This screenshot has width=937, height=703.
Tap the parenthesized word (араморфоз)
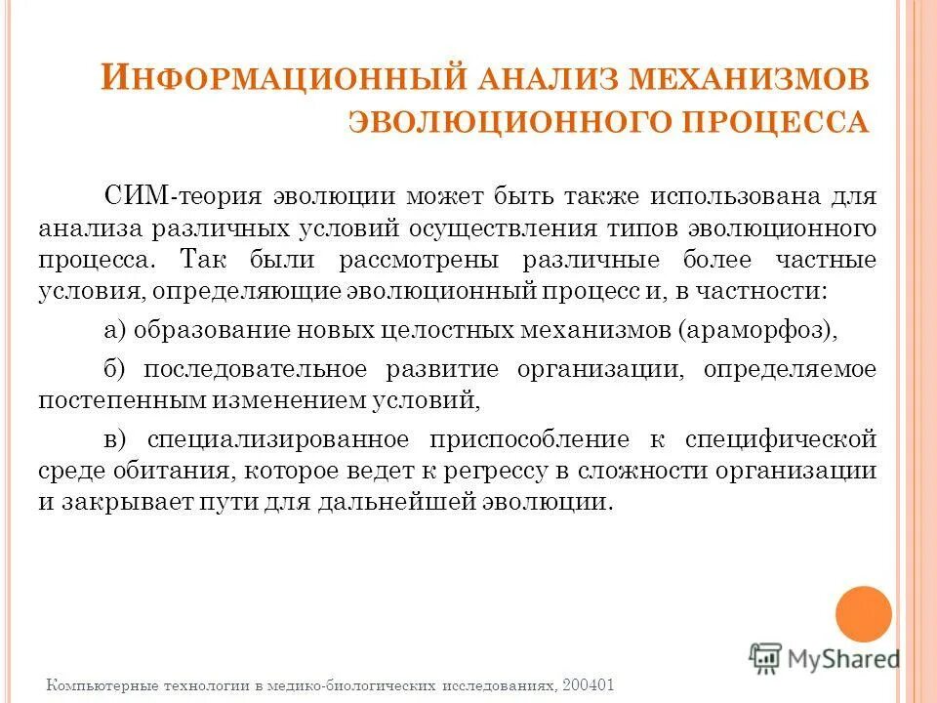pos(758,329)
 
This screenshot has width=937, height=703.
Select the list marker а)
pos(116,329)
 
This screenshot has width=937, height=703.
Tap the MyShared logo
pos(825,658)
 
